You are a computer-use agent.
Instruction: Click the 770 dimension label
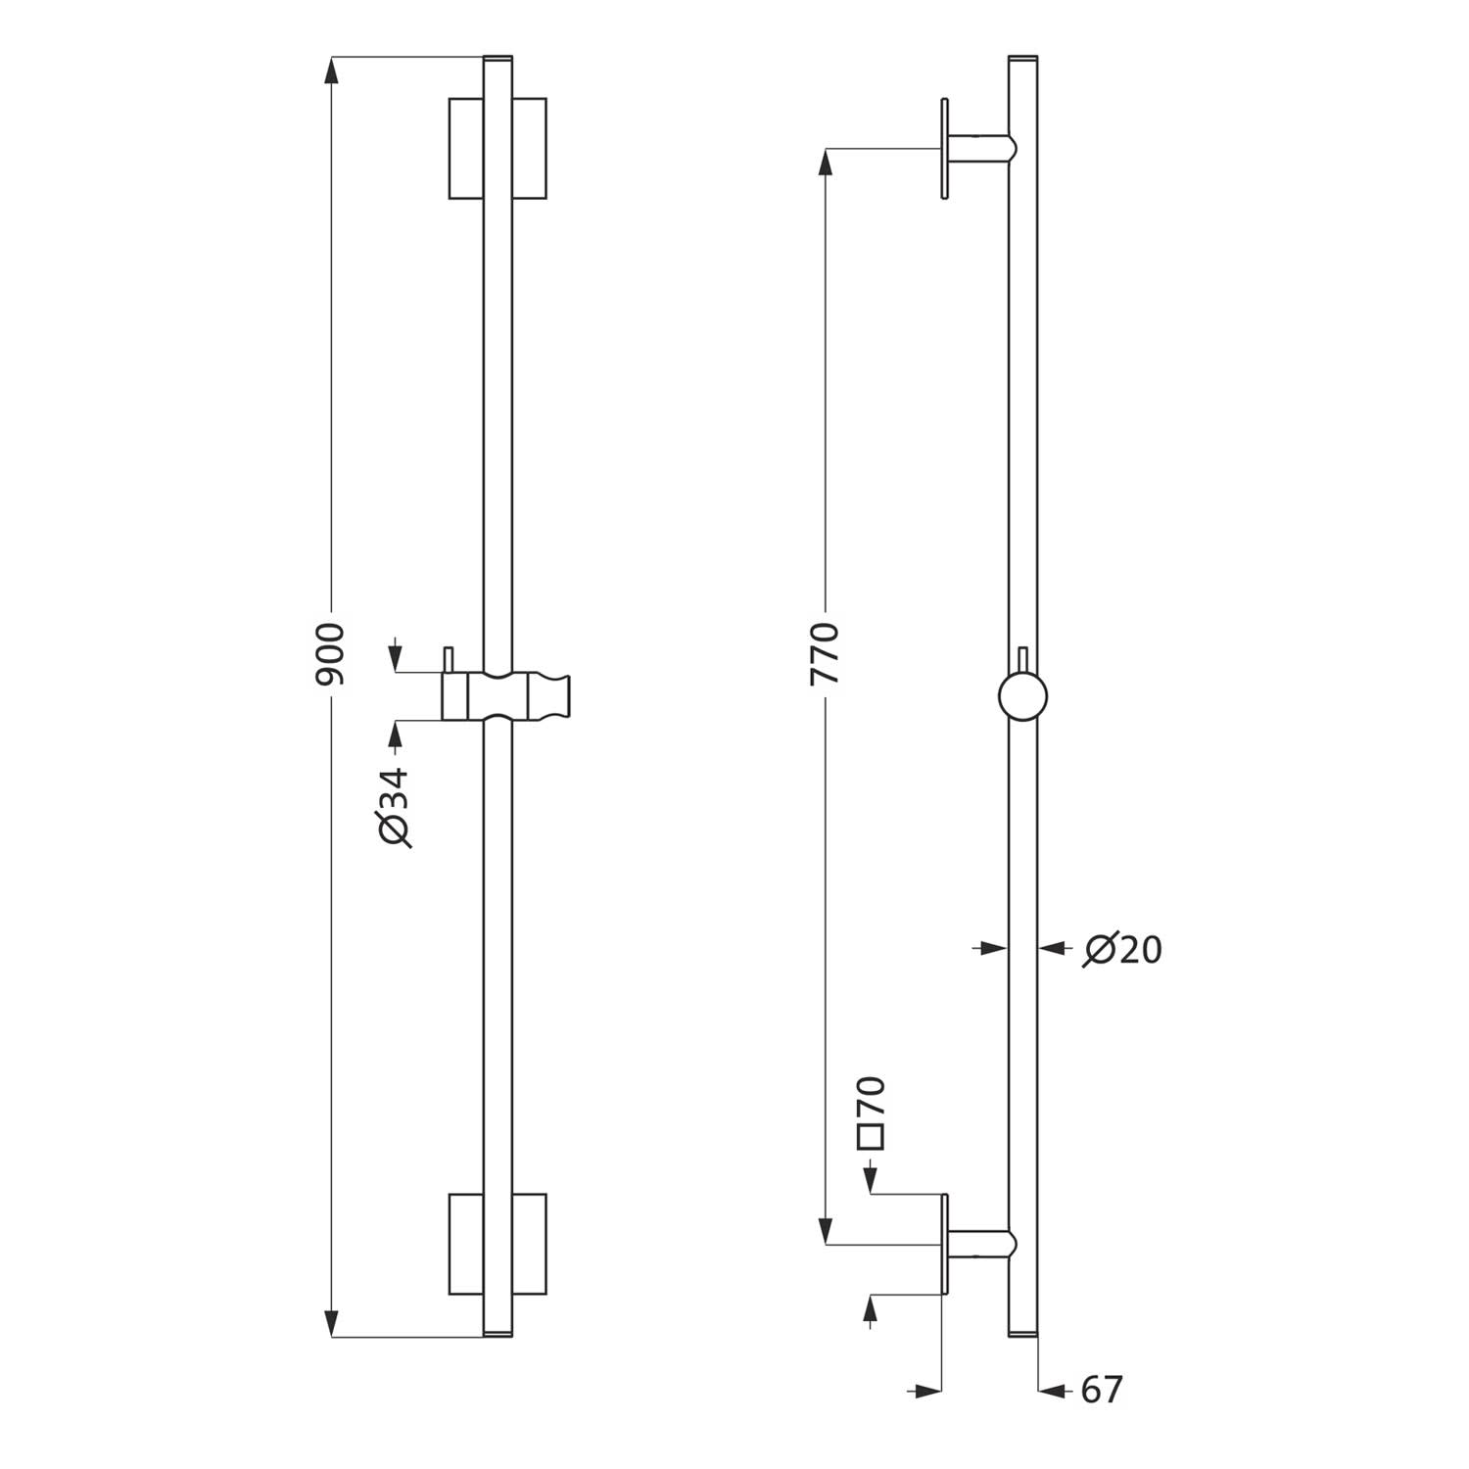[826, 653]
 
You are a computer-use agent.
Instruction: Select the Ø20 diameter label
[1122, 949]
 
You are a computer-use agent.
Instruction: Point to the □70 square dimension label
[872, 1113]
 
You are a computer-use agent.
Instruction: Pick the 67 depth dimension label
[1101, 1390]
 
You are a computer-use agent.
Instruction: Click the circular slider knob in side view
[1022, 698]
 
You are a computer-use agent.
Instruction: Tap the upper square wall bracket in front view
[498, 148]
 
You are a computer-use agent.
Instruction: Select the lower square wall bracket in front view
[498, 1244]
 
